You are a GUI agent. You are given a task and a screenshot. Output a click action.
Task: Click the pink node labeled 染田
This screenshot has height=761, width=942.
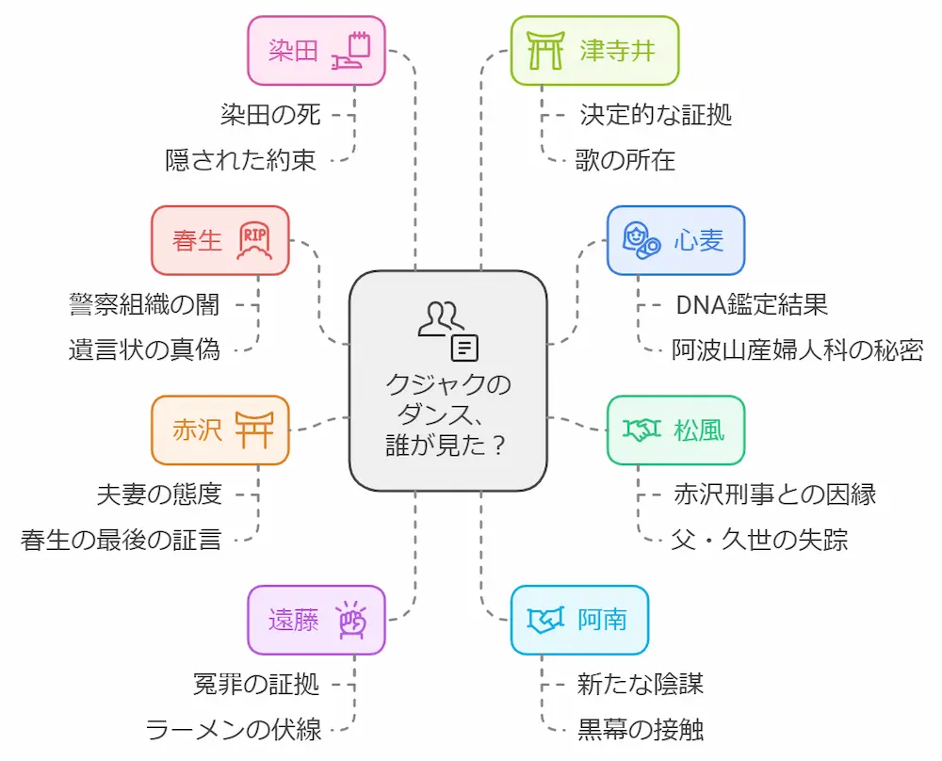pyautogui.click(x=316, y=50)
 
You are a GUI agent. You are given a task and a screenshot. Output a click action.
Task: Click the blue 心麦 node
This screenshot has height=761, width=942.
pyautogui.click(x=675, y=240)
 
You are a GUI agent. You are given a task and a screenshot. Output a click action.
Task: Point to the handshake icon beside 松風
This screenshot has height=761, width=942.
pyautogui.click(x=642, y=430)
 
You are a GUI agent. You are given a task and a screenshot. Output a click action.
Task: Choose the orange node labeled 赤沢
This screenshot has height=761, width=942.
pyautogui.click(x=219, y=430)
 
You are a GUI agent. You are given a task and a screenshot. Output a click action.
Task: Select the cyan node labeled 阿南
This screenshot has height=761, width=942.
pyautogui.click(x=579, y=620)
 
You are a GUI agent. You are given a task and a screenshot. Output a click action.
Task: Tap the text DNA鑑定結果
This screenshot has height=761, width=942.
pyautogui.click(x=751, y=304)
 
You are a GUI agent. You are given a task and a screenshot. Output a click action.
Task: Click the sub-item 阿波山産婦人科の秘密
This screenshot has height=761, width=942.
pyautogui.click(x=797, y=350)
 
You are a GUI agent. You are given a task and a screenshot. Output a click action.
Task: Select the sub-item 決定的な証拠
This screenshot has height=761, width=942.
pyautogui.click(x=656, y=115)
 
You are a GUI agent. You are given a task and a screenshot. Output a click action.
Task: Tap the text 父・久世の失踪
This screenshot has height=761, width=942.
pyautogui.click(x=759, y=540)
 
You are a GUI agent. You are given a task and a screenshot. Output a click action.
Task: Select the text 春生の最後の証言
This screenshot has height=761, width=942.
pyautogui.click(x=122, y=540)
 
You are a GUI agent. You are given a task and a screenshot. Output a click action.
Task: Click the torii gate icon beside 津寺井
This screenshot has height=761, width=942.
pyautogui.click(x=544, y=50)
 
